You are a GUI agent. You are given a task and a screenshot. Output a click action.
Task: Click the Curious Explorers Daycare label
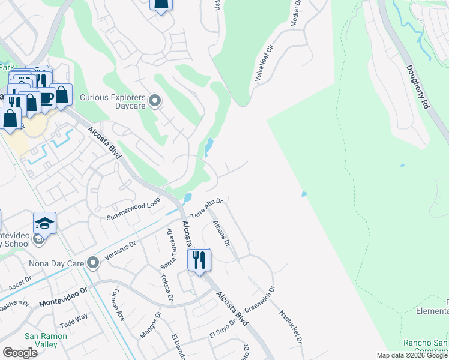point(114,103)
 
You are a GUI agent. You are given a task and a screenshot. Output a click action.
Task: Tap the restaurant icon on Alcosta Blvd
point(199,260)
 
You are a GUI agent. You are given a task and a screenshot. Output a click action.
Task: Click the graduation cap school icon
point(44,223)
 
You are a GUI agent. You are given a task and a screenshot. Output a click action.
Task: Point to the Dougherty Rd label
point(418,86)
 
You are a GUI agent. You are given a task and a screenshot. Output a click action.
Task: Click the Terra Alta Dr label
point(206,210)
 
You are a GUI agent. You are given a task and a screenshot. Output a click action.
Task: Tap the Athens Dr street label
point(221,233)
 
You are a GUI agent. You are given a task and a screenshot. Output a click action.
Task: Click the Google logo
point(20,352)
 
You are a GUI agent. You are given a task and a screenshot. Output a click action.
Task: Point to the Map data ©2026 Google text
point(411,355)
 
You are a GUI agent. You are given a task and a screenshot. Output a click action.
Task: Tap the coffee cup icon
point(46,97)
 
